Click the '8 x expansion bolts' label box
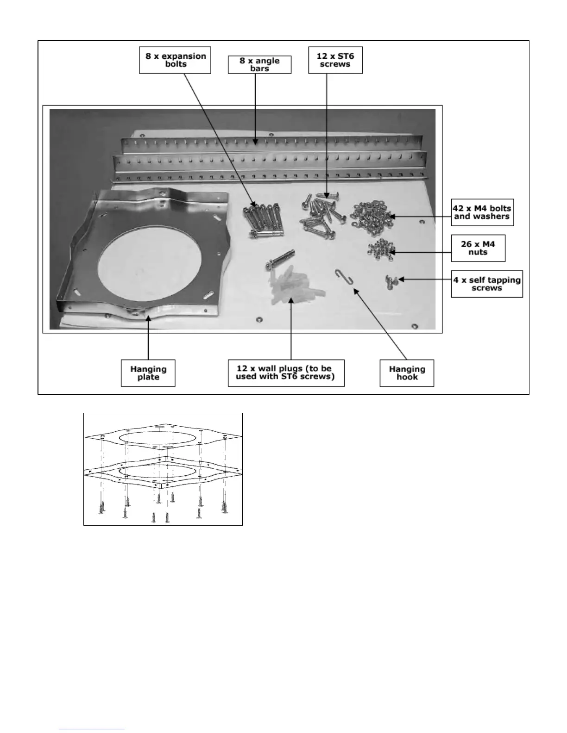coord(175,60)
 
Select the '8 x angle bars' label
coord(259,64)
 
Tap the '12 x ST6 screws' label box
coord(335,60)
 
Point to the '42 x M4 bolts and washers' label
coord(482,212)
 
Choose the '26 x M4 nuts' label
coord(478,248)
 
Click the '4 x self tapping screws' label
coord(486,284)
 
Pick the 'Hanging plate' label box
coord(148,373)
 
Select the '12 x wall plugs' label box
coord(286,373)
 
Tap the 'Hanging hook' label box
coord(407,373)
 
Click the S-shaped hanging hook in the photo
coord(343,278)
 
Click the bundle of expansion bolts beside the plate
coord(261,220)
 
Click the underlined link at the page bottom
coord(92,729)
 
